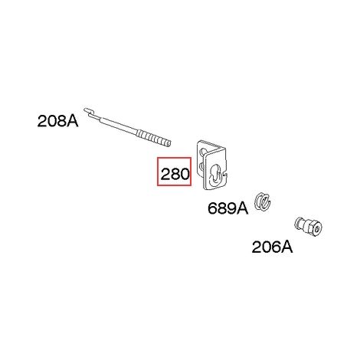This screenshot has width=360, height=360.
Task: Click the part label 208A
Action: (x=57, y=121)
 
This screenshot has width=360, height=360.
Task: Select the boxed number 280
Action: (x=174, y=172)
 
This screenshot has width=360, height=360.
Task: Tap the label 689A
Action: (x=227, y=208)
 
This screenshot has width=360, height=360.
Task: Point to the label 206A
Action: (x=272, y=247)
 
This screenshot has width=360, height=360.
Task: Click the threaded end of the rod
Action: (x=154, y=138)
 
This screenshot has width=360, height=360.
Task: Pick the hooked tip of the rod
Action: (x=88, y=111)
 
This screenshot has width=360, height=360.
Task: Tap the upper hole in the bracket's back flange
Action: (x=203, y=152)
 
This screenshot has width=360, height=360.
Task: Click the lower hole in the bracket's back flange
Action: (x=201, y=167)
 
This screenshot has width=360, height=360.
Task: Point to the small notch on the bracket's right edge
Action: (x=225, y=174)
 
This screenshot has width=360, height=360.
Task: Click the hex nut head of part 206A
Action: (x=314, y=227)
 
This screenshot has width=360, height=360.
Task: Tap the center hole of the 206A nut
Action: (x=316, y=229)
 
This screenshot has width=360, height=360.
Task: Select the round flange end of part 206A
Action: (x=298, y=223)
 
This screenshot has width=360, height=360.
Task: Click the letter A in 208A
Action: (x=72, y=121)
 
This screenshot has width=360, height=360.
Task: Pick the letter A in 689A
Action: (x=242, y=208)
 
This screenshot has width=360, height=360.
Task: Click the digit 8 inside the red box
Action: (x=174, y=175)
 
